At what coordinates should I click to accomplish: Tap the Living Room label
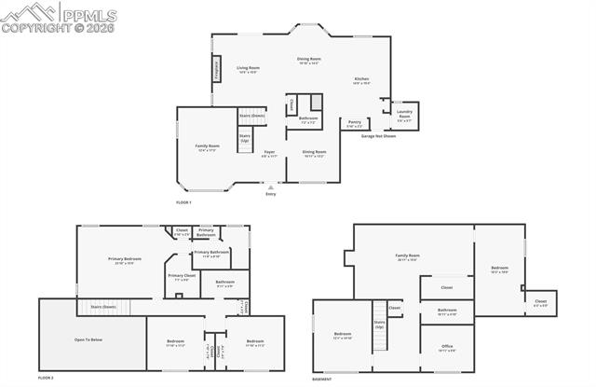coord(248,69)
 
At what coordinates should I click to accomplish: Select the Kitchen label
coord(362,81)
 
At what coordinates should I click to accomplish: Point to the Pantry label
coord(355,122)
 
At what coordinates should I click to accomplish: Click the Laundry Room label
coord(404,117)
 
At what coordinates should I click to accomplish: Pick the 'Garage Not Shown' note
coord(378,136)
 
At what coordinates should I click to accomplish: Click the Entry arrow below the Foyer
coord(271,187)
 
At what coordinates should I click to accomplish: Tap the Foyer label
coord(269,153)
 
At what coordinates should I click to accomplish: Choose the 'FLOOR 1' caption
coord(183,202)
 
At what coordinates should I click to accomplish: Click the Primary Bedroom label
coord(125,261)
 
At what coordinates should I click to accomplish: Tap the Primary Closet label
coord(182,277)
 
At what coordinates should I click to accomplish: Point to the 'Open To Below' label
coord(88,339)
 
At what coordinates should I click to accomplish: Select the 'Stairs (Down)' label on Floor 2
coord(103,307)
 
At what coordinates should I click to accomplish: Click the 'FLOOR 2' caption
coord(46,378)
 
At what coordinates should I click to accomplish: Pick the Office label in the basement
coord(447,349)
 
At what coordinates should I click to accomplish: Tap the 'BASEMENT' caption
coord(323,378)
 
